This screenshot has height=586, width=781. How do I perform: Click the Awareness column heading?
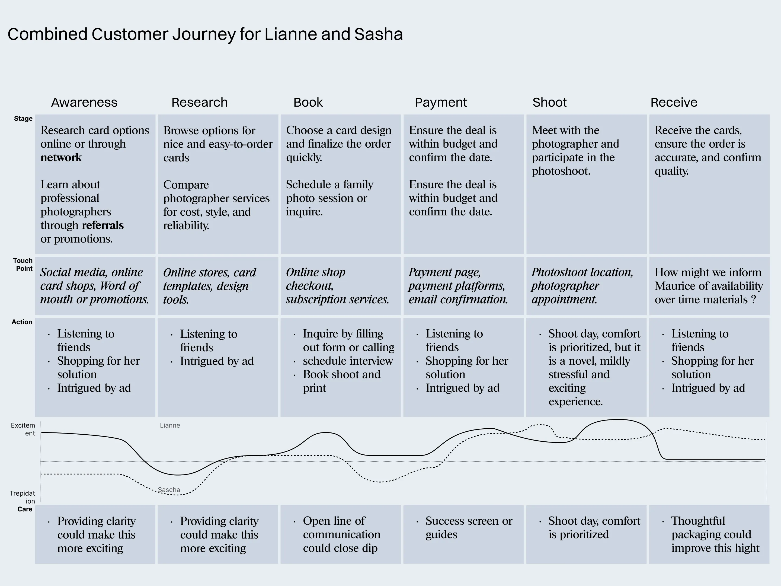[x=84, y=103]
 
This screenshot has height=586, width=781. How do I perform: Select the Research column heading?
[x=200, y=103]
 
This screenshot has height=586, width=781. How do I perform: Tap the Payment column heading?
[x=441, y=103]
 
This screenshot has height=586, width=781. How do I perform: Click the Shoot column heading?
[x=549, y=103]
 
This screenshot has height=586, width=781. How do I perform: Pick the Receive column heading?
[x=674, y=103]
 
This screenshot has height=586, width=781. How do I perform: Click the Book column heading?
[x=308, y=103]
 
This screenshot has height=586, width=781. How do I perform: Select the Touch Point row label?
[x=23, y=265]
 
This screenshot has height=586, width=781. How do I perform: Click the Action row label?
[x=22, y=322]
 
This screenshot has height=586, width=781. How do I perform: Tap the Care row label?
[x=25, y=509]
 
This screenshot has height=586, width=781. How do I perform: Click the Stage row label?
[x=23, y=119]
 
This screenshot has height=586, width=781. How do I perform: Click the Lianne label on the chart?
[x=170, y=426]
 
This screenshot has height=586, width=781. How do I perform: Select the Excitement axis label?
[x=23, y=429]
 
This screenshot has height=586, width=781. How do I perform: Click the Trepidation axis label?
[x=23, y=497]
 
